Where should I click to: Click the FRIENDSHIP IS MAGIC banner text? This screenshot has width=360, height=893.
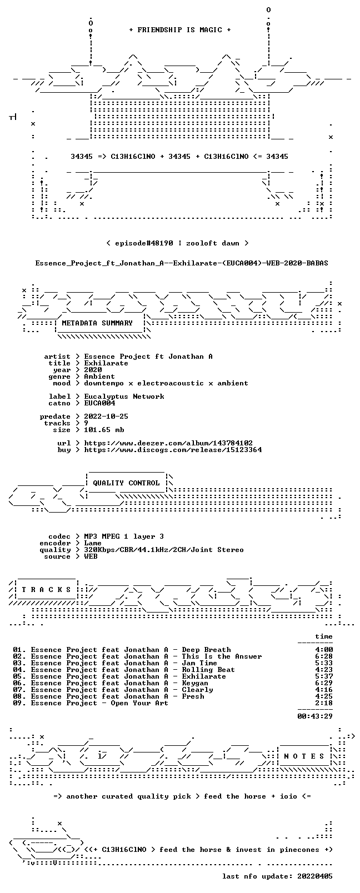[180, 30]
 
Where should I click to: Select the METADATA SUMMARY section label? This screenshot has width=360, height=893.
[97, 323]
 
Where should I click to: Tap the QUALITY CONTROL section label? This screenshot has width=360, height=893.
[126, 483]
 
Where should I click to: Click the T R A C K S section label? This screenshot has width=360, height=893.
[46, 590]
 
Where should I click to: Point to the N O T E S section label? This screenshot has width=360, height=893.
[304, 756]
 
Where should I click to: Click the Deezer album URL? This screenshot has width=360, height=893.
[168, 443]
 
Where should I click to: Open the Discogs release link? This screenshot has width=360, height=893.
[173, 450]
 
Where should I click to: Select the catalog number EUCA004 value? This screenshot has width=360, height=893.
[99, 403]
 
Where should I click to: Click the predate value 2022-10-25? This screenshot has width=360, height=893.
[106, 416]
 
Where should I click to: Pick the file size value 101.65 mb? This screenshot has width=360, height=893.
[104, 430]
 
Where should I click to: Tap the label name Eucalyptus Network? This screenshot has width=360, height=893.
[124, 397]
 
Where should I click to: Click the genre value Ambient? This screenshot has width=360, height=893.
[99, 377]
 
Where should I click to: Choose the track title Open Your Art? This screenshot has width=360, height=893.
[139, 703]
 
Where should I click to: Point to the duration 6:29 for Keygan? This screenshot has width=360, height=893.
[324, 683]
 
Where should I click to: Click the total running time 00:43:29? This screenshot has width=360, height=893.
[315, 716]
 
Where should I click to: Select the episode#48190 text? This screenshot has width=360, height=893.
[144, 243]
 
